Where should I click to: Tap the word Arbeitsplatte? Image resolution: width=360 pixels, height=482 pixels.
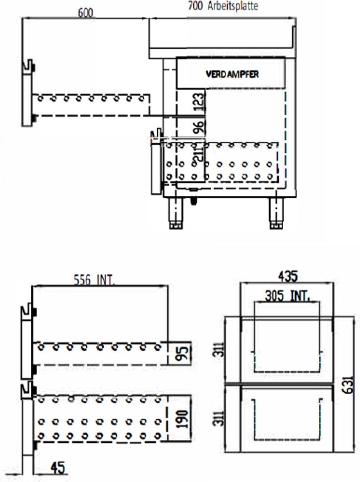(233, 6)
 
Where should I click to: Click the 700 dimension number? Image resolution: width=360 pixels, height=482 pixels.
(195, 5)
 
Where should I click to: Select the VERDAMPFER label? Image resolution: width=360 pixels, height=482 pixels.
(232, 74)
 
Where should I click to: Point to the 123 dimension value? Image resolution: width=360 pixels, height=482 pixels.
(199, 102)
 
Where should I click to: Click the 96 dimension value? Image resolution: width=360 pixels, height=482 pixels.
(199, 127)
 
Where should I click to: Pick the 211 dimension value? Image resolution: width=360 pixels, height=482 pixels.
(199, 153)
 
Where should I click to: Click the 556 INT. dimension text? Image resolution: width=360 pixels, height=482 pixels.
(94, 280)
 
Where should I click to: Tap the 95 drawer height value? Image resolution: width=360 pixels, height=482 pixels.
(183, 353)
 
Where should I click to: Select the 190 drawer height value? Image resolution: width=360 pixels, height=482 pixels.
(182, 419)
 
